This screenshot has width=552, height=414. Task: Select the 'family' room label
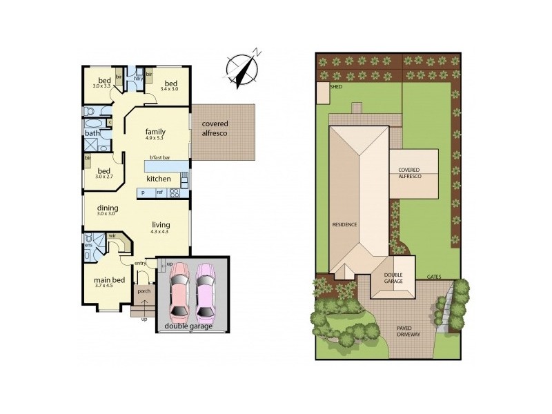pyautogui.click(x=155, y=131)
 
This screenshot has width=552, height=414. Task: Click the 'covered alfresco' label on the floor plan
pyautogui.click(x=215, y=128)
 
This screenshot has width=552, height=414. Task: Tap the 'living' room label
pyautogui.click(x=161, y=225)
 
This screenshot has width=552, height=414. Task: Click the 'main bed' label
pyautogui.click(x=110, y=279)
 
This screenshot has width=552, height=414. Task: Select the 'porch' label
pyautogui.click(x=144, y=290)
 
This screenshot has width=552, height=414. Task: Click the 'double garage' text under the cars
pyautogui.click(x=188, y=326)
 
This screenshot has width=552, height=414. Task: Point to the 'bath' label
pyautogui.click(x=92, y=133)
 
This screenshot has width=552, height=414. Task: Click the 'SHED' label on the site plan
pyautogui.click(x=337, y=88)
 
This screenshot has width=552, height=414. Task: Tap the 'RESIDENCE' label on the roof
pyautogui.click(x=344, y=225)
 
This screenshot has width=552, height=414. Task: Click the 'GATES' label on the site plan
pyautogui.click(x=434, y=277)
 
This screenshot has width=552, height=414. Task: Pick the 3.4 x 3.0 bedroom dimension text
pyautogui.click(x=170, y=88)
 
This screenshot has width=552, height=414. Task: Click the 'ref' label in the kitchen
pyautogui.click(x=159, y=192)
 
